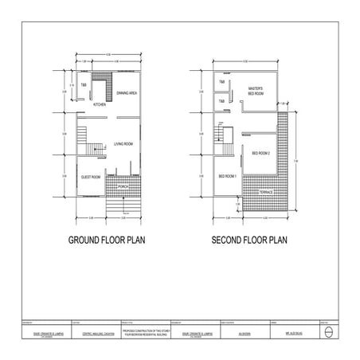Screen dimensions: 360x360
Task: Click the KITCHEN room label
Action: coord(100,104)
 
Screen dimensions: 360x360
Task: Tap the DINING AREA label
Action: coord(128,93)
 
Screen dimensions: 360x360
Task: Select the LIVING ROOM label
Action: coord(123,144)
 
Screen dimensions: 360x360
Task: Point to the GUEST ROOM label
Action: coord(90,177)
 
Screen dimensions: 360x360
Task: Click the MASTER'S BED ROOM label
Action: coord(256,91)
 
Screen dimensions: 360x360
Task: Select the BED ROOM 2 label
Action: coord(261,153)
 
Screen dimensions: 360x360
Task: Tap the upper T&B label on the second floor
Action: coord(221,83)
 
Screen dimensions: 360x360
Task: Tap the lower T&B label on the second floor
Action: coord(221,101)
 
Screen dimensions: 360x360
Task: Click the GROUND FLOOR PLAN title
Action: coord(111,239)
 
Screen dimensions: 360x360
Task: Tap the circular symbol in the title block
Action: coord(330,335)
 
